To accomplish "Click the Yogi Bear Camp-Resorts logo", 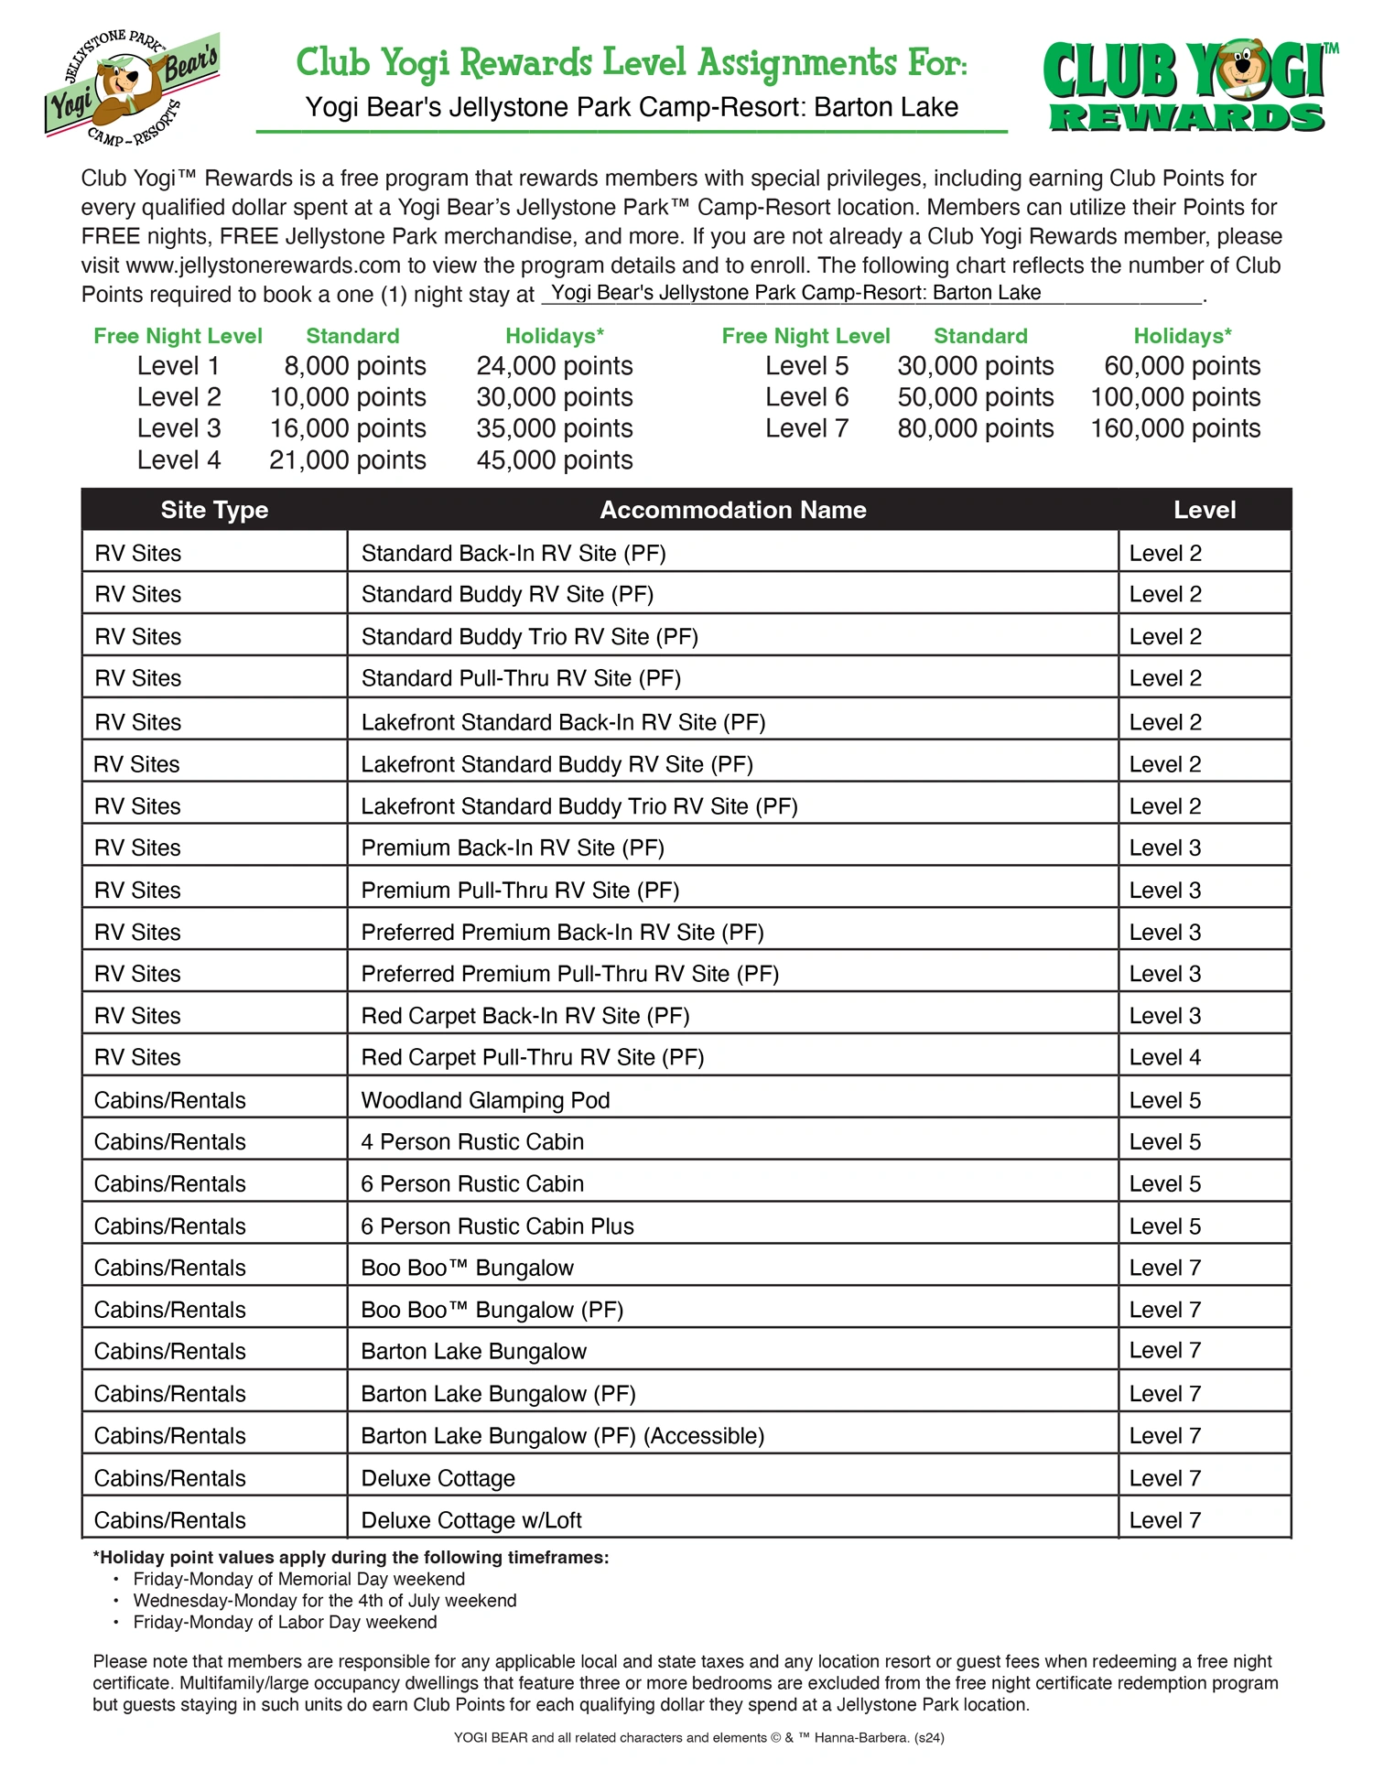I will [130, 89].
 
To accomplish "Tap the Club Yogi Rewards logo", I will [1187, 88].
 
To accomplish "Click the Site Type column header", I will [214, 510].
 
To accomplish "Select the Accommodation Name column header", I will [732, 510].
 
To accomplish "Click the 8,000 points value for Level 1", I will [354, 366].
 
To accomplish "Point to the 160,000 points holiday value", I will [1174, 428].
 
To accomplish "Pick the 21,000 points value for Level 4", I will [347, 460].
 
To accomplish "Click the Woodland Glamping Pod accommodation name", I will [485, 1100].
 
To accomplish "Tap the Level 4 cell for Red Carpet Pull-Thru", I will [1164, 1058].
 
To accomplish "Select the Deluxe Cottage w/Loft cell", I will [471, 1520].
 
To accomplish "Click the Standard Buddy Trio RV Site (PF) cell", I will [529, 637].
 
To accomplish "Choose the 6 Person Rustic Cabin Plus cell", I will [497, 1226].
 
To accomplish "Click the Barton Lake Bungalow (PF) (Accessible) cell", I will [562, 1436].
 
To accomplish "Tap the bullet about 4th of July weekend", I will [324, 1601].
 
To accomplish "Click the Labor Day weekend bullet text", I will [285, 1622].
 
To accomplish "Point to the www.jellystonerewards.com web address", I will [264, 265].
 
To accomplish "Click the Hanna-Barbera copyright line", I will [698, 1737].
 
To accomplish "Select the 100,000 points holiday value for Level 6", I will [1174, 397].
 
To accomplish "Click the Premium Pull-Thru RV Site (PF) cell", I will [520, 891].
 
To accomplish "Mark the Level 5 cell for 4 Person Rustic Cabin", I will [1164, 1142].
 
